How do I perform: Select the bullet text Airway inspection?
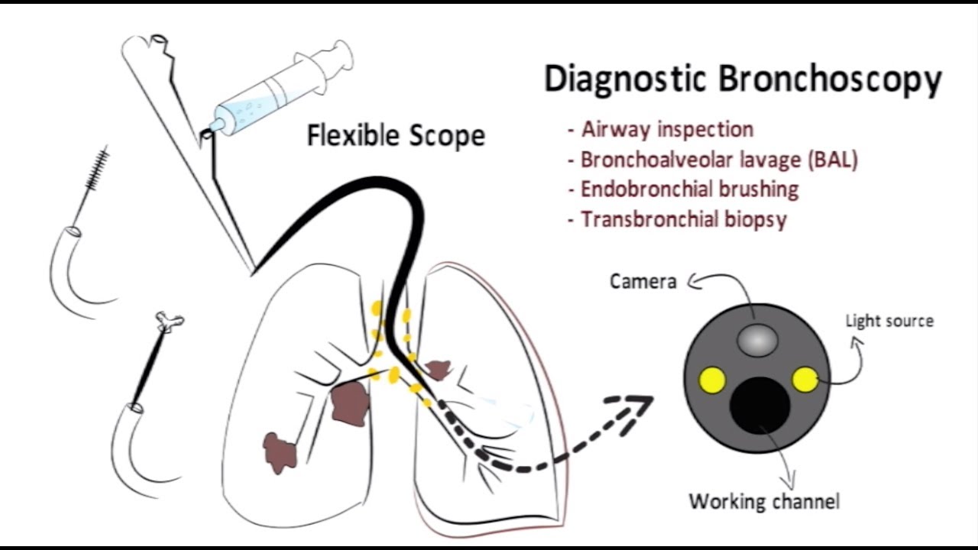(667, 129)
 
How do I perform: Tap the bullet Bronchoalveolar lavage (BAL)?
(719, 160)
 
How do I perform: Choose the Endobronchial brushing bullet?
(689, 189)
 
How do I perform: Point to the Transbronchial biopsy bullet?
(684, 219)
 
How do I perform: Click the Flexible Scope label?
(396, 136)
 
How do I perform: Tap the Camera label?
(643, 282)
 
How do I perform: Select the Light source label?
(889, 321)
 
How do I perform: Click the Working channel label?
(764, 502)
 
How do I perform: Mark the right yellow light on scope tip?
(805, 379)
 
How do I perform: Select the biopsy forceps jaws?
(167, 322)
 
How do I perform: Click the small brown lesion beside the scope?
(437, 370)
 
